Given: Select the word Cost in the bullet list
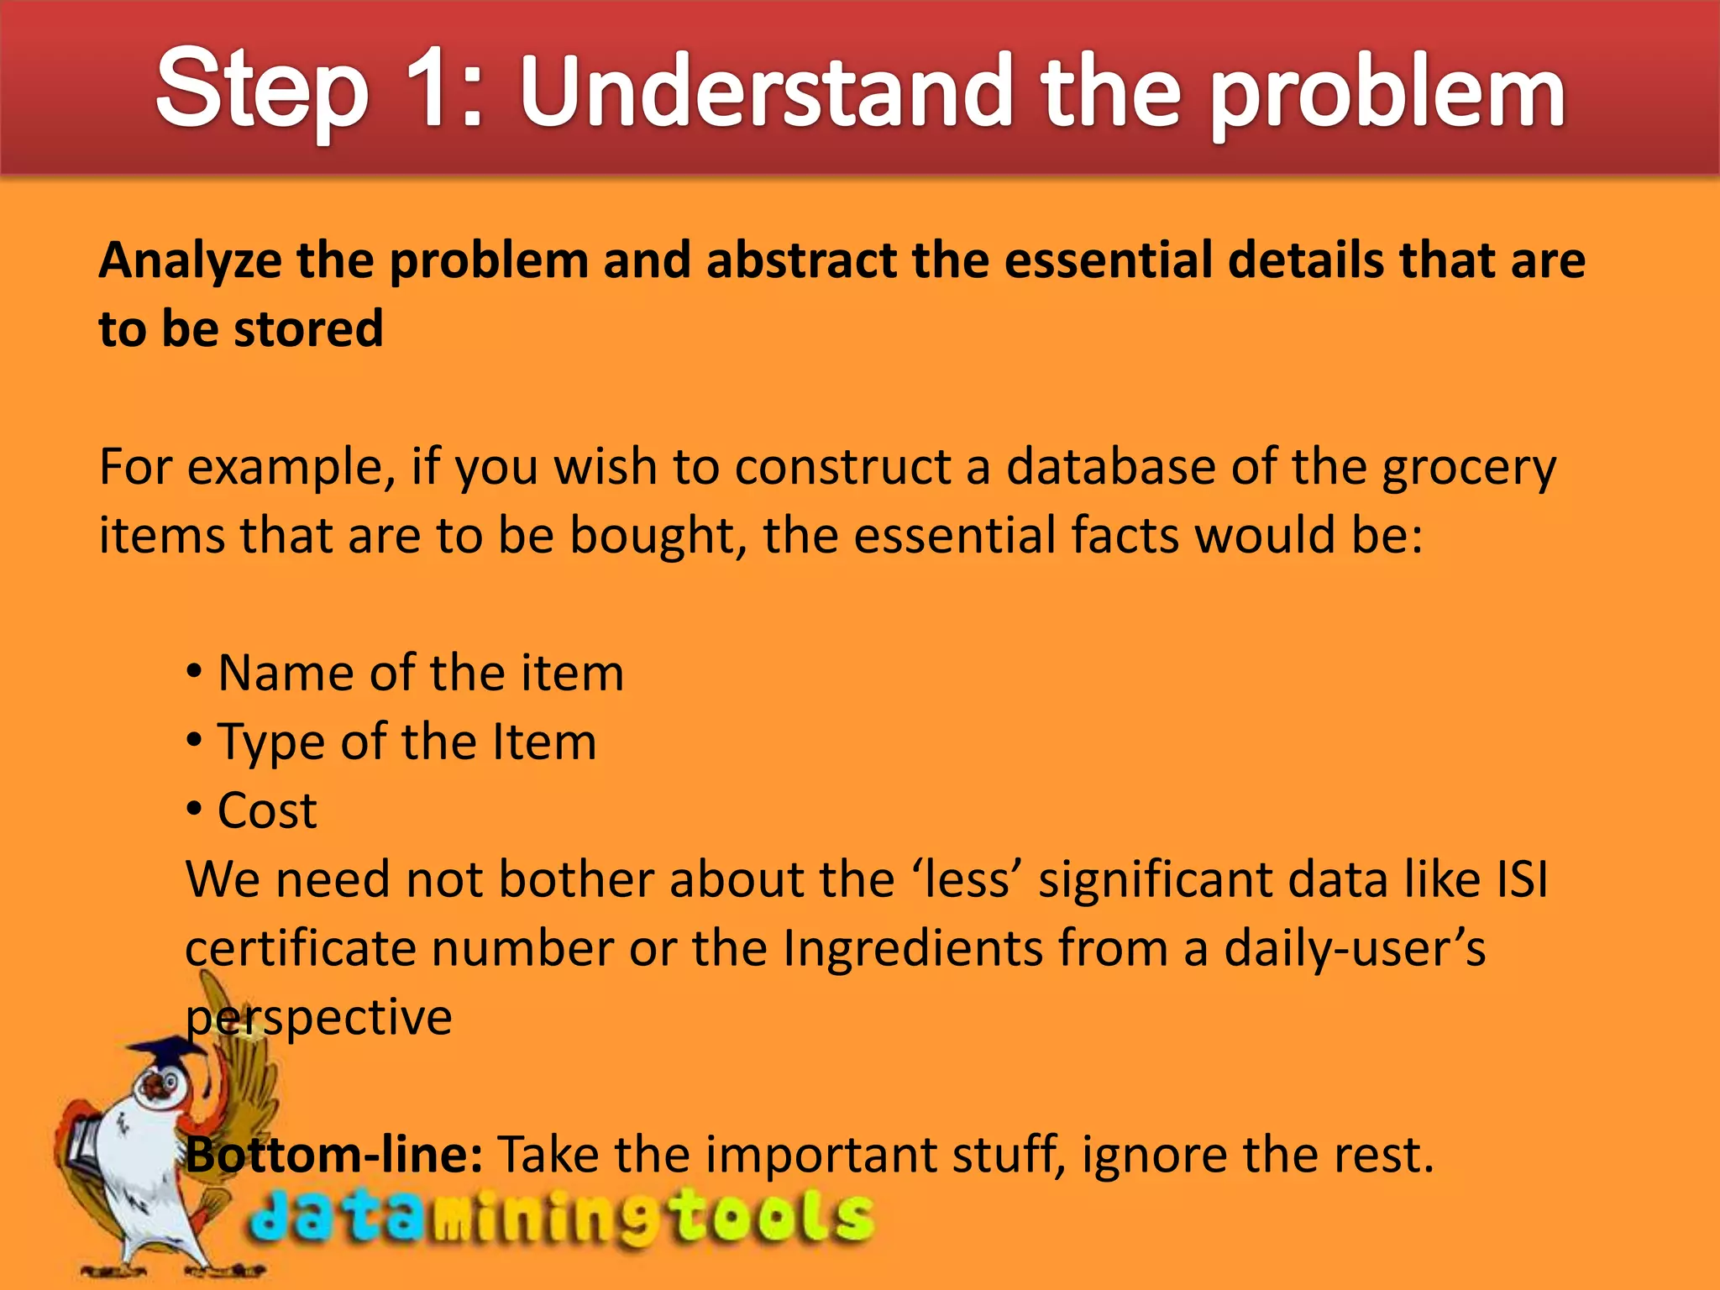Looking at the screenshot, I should click(267, 811).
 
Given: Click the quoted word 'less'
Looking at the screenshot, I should click(967, 880).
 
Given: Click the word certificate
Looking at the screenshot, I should click(300, 949).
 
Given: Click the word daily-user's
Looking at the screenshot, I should click(1354, 949).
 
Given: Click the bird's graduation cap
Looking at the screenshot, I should click(172, 1050).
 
